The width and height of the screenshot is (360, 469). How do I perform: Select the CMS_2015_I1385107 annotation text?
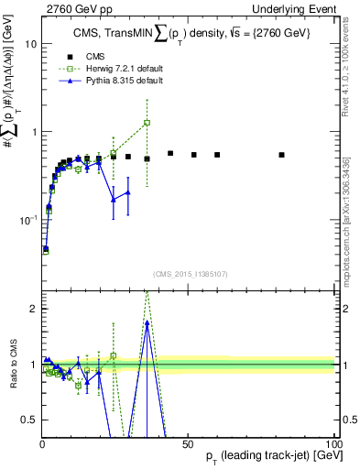[191, 274]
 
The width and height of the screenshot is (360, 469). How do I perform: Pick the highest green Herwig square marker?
[147, 123]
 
